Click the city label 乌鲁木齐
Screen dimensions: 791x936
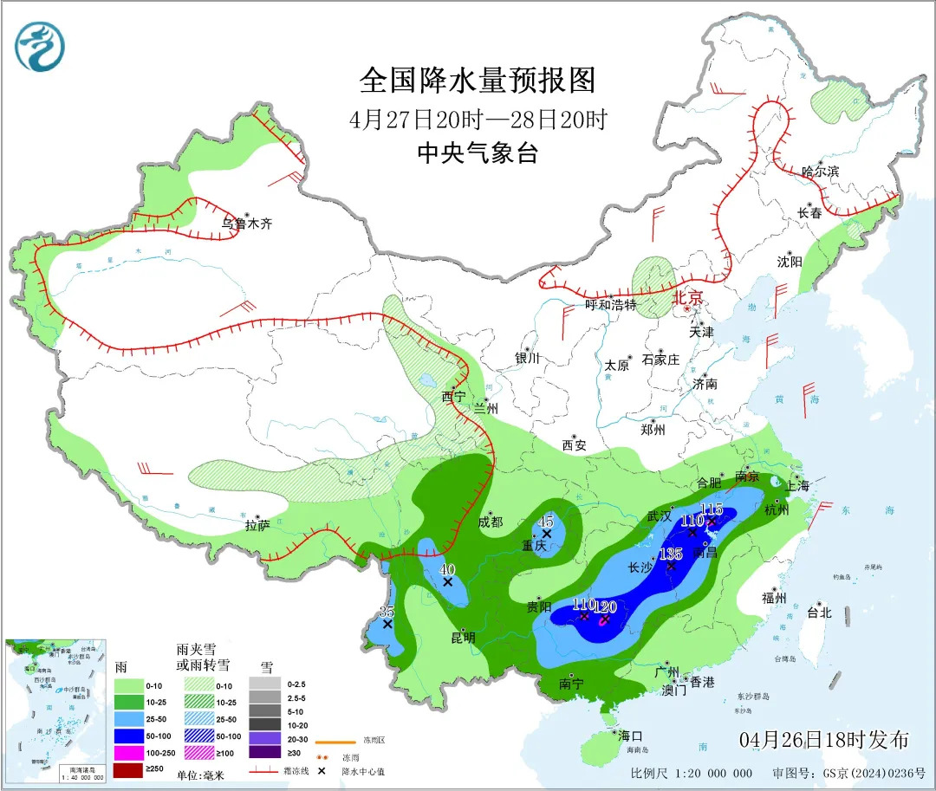pyautogui.click(x=247, y=224)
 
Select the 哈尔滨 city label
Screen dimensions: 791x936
pyautogui.click(x=821, y=172)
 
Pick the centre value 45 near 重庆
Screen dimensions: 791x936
pyautogui.click(x=546, y=522)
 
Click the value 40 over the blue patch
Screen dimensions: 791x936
pyautogui.click(x=447, y=569)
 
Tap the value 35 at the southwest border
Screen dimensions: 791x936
pyautogui.click(x=387, y=612)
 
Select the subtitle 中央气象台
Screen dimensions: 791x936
pyautogui.click(x=478, y=153)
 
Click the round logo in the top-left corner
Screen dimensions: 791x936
pyautogui.click(x=40, y=46)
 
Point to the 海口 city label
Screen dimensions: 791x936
pyautogui.click(x=630, y=735)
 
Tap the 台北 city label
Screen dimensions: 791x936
pyautogui.click(x=818, y=613)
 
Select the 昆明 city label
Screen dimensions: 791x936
pyautogui.click(x=463, y=638)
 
